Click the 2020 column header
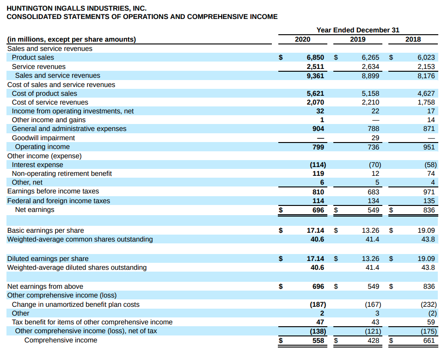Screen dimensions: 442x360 point(302,39)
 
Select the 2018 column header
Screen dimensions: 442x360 point(413,39)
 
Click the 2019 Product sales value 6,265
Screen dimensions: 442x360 point(370,57)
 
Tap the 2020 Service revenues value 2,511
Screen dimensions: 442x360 point(315,67)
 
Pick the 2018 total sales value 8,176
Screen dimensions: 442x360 point(426,75)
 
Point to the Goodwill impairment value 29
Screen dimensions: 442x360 point(375,138)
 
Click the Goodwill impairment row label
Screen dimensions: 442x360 point(43,138)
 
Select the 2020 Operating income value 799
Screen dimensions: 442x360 point(318,147)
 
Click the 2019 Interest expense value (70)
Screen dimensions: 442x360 point(375,165)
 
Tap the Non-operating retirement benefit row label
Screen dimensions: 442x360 point(62,174)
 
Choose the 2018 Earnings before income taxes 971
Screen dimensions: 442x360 point(429,192)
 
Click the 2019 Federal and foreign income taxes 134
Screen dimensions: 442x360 point(374,201)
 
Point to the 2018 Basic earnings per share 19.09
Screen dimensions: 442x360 point(426,230)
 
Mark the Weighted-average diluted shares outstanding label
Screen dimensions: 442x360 point(77,267)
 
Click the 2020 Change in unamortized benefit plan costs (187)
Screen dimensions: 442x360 point(318,304)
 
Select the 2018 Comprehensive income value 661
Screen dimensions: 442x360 point(429,341)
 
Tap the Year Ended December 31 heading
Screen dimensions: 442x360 point(358,30)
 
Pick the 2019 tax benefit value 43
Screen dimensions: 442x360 point(375,322)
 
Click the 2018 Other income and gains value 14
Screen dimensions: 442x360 point(431,120)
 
